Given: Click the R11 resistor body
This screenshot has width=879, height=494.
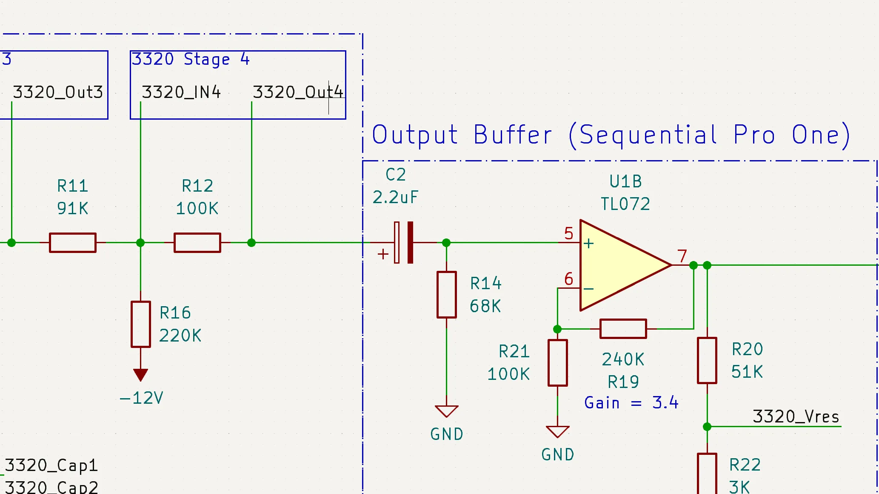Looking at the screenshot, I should click(x=72, y=243).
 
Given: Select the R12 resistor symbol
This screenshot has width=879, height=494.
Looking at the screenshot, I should click(x=197, y=243).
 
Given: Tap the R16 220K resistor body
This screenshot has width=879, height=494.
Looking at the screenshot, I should click(x=140, y=324).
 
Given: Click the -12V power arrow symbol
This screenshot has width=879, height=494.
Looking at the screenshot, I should click(x=140, y=375).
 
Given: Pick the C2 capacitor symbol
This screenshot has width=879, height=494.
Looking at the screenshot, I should click(x=403, y=242).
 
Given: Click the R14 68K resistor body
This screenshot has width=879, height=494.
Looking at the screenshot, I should click(x=446, y=295).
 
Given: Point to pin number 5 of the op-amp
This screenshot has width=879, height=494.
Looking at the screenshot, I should click(x=568, y=233).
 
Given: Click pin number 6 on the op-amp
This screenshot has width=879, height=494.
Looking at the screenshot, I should click(x=568, y=279).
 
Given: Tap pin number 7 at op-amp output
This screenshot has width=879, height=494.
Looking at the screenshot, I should click(x=682, y=256).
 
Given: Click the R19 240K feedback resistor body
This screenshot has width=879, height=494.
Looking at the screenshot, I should click(x=623, y=329).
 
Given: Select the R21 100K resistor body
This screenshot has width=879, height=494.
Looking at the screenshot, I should click(x=557, y=363).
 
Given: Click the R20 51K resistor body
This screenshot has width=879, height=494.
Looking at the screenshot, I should click(x=707, y=360).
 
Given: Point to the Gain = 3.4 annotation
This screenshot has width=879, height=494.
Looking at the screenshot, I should click(x=631, y=402).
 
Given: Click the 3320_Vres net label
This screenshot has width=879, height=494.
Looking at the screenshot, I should click(x=796, y=416).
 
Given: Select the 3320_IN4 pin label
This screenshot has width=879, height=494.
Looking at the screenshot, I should click(x=181, y=92).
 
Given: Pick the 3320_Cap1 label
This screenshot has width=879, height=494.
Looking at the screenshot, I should click(x=51, y=465).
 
